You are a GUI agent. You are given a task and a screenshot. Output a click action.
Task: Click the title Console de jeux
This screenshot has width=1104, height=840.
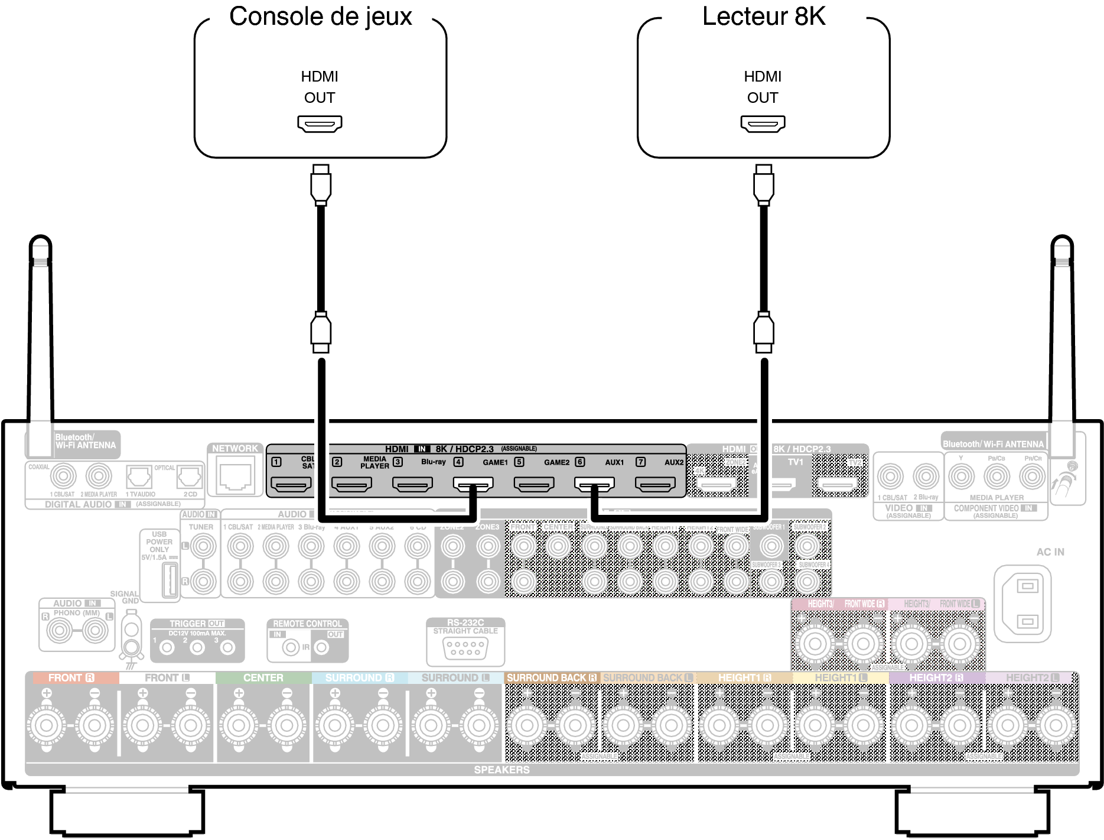(x=320, y=17)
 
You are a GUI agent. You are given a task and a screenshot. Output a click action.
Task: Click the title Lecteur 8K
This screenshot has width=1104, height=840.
(x=763, y=17)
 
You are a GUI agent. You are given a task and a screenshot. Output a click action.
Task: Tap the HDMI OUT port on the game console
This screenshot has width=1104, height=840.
(x=320, y=124)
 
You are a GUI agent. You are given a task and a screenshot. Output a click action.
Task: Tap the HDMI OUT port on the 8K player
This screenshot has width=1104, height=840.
(x=763, y=124)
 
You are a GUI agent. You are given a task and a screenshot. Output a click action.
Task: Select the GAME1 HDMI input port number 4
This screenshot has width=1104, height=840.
(x=473, y=485)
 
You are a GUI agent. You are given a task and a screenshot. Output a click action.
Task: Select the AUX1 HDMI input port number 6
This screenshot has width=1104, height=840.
(x=594, y=485)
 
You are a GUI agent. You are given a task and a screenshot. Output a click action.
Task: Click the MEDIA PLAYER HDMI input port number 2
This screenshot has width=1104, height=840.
(x=351, y=485)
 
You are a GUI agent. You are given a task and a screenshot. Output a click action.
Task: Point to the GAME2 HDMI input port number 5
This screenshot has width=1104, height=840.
(x=533, y=485)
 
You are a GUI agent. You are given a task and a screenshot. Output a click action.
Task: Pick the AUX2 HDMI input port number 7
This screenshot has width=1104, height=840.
(x=655, y=485)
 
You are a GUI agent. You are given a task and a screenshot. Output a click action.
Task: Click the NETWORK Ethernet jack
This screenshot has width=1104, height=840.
(x=235, y=476)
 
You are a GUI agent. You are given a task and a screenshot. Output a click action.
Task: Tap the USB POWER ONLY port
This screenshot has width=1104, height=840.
(x=170, y=579)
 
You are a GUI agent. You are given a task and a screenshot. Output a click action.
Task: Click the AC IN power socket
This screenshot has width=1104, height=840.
(x=1027, y=604)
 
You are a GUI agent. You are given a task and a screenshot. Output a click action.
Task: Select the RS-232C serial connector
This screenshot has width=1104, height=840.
(x=465, y=648)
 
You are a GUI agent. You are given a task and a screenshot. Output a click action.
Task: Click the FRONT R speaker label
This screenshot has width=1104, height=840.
(x=71, y=677)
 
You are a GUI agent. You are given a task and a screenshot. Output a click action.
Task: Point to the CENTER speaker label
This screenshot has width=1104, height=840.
(x=263, y=677)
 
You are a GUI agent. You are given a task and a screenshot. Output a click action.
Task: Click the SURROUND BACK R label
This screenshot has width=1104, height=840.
(x=552, y=677)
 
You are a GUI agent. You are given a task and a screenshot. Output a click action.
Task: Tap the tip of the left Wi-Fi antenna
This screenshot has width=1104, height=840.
(x=40, y=242)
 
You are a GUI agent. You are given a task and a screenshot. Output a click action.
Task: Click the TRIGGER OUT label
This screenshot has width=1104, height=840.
(x=197, y=624)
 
